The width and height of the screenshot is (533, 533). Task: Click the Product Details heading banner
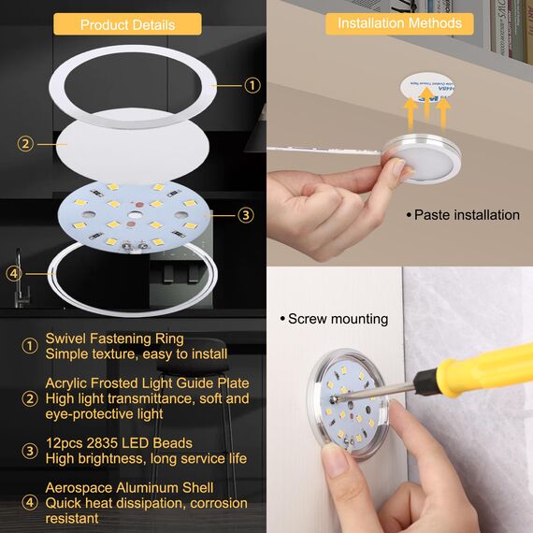[126, 24]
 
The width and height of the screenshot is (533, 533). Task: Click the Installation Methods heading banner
[399, 22]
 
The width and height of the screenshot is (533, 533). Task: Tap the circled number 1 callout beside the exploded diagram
[252, 85]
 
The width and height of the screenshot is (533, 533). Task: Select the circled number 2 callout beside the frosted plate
[25, 143]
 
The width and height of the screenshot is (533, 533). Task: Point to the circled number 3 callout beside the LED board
[245, 215]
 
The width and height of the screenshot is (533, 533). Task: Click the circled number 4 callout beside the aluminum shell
[13, 273]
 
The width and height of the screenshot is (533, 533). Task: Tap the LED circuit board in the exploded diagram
[137, 215]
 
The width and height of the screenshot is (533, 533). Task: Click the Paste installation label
[467, 215]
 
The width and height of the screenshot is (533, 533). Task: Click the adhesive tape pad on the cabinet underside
[423, 86]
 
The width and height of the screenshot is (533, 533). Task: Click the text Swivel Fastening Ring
[114, 339]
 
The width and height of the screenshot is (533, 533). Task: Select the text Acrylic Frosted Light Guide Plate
[147, 382]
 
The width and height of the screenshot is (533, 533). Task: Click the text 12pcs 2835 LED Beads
[119, 442]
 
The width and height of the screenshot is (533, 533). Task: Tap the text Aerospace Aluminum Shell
[129, 487]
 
